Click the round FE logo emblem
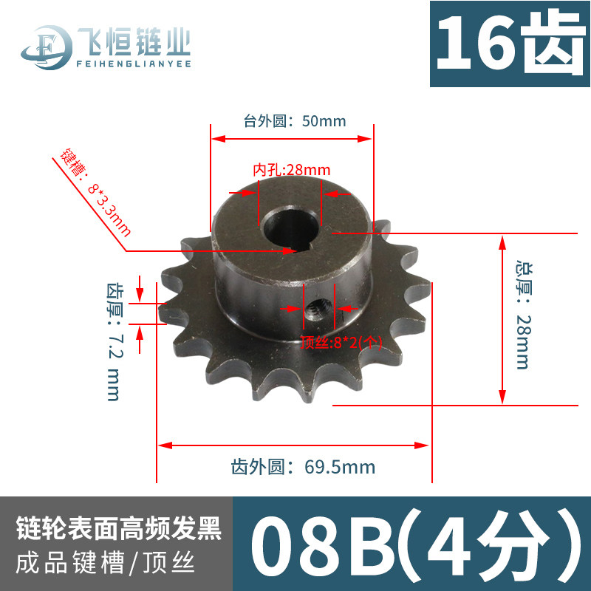(47, 47)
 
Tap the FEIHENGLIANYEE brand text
(134, 64)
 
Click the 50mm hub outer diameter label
(295, 121)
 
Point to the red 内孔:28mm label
(292, 170)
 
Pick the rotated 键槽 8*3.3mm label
(95, 192)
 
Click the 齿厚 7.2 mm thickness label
(114, 342)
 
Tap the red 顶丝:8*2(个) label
(341, 342)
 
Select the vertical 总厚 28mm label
(524, 315)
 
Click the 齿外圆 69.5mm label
(303, 467)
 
